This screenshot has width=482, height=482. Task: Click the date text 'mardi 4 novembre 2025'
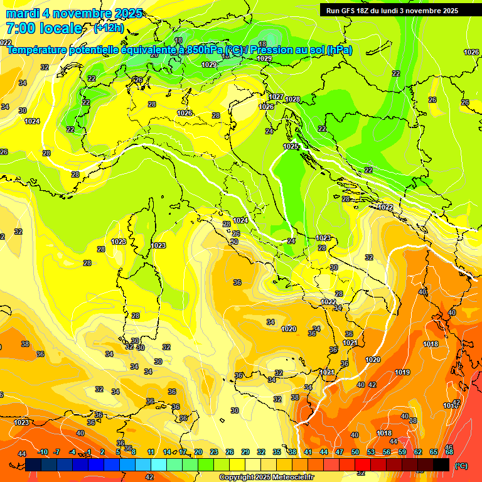[x=74, y=13]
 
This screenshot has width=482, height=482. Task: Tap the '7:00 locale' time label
[x=44, y=28]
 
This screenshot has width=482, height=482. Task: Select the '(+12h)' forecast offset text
[x=108, y=28]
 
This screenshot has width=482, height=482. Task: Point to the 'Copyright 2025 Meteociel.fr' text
[x=266, y=477]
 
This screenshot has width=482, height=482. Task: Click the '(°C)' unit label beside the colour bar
[x=461, y=466]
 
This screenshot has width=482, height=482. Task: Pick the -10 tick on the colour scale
[x=43, y=452]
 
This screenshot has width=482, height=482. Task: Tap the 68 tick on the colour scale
[x=449, y=452]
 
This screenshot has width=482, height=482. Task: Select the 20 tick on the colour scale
[x=198, y=452]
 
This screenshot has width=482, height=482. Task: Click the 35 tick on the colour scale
[x=277, y=452]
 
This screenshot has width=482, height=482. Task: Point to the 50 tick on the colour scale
[x=355, y=452]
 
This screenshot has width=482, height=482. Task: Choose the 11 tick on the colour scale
[x=151, y=452]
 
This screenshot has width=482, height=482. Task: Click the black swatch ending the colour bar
[x=441, y=464]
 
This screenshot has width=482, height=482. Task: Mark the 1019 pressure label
[x=402, y=372]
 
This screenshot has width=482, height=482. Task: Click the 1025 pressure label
[x=291, y=146]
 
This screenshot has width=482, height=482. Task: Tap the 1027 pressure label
[x=276, y=97]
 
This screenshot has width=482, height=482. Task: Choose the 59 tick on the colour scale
[x=402, y=452]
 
